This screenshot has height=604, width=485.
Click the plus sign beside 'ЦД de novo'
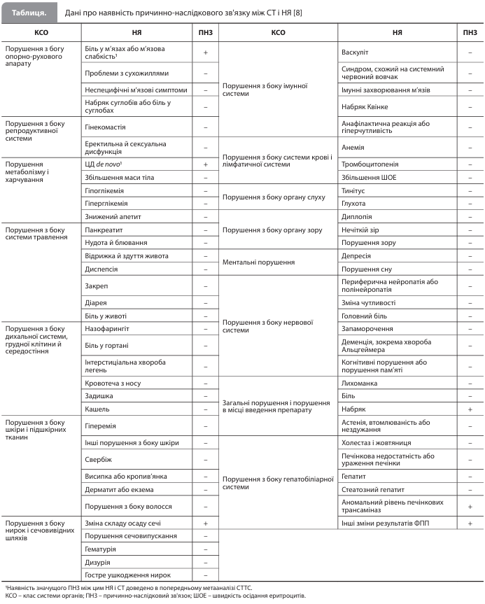pos(206,164)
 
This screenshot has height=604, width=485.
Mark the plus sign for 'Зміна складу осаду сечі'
pos(206,523)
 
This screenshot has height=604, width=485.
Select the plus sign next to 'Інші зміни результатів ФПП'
pos(469,523)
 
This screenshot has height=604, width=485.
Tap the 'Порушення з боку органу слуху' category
pos(274,197)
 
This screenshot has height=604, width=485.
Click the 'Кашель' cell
pos(97,408)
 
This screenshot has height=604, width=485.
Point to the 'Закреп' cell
pos(96,286)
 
